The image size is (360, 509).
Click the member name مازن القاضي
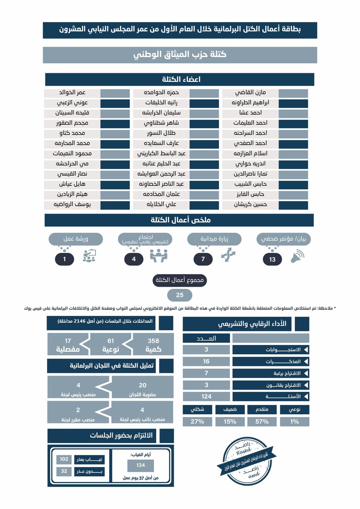click(250, 93)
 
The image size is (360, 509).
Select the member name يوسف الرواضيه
click(72, 205)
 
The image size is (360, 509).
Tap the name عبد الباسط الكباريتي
click(161, 154)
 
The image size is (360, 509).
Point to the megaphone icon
click(297, 256)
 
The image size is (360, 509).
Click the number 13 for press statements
click(272, 259)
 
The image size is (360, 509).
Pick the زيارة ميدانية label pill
click(214, 239)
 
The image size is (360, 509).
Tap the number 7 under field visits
click(203, 259)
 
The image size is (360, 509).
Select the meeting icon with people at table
click(158, 255)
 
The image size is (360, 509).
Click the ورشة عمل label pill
click(76, 239)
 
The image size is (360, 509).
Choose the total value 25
click(180, 295)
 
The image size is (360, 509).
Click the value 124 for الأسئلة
click(206, 396)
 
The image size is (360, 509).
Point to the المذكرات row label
click(271, 361)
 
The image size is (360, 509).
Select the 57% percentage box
click(262, 422)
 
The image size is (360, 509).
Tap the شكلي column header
click(197, 409)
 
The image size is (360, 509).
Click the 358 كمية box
click(153, 345)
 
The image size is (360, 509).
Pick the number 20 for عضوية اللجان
click(142, 385)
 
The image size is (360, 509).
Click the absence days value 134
click(141, 465)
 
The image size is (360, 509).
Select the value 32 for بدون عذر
click(64, 471)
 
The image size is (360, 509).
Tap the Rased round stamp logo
click(247, 461)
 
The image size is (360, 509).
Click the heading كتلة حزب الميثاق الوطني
click(180, 55)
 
